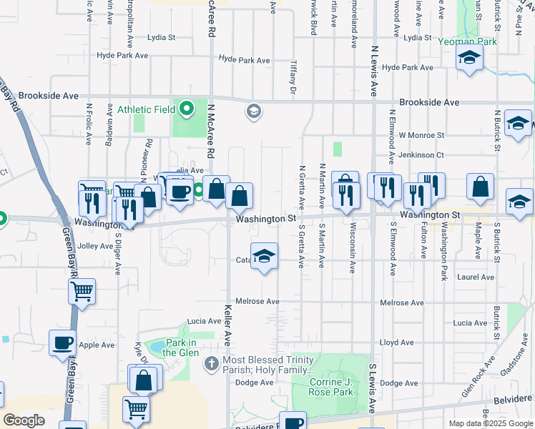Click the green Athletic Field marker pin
(187, 109)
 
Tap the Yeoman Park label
(468, 42)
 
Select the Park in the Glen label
(180, 347)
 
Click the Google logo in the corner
(24, 420)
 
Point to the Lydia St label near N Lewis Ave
(417, 37)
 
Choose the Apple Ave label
(96, 345)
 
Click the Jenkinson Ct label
(422, 154)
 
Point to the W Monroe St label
(421, 134)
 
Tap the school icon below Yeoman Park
(469, 59)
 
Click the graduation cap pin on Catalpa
(264, 258)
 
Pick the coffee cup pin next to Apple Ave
(62, 342)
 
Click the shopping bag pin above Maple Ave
(480, 187)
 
